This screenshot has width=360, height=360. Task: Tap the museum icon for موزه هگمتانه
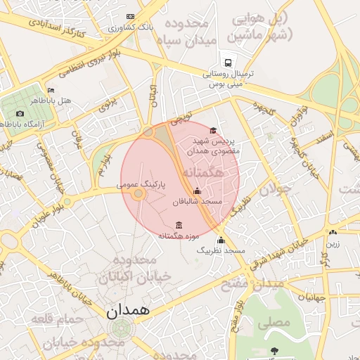[178, 225]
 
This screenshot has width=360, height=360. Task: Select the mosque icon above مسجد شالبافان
[197, 191]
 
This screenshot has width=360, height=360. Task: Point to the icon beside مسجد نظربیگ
[221, 240]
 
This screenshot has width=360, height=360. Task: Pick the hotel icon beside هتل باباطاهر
[51, 91]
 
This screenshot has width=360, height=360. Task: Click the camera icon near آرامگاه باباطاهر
[20, 113]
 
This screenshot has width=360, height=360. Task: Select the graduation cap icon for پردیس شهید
[213, 130]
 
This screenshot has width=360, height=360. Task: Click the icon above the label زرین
[332, 233]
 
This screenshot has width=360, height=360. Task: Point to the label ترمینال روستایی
[233, 73]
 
